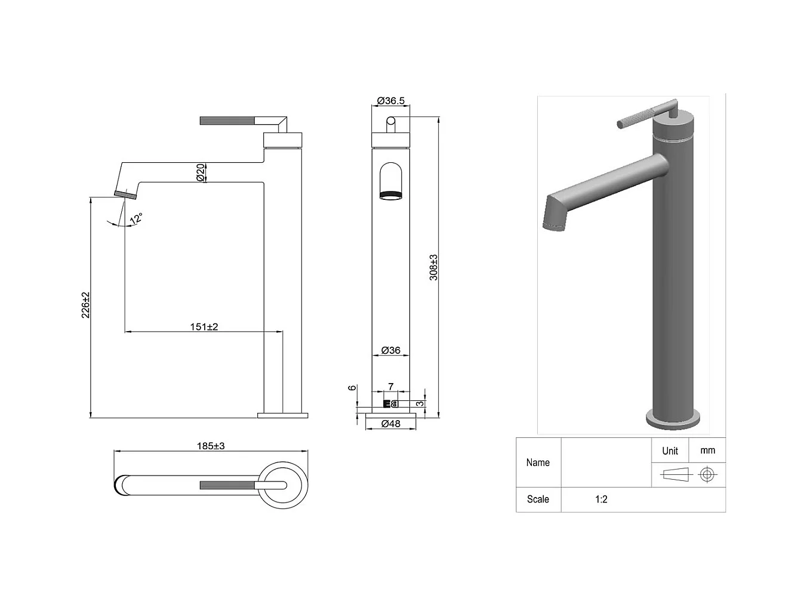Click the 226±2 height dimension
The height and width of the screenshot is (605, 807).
pyautogui.click(x=85, y=305)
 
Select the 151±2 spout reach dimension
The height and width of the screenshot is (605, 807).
pyautogui.click(x=204, y=326)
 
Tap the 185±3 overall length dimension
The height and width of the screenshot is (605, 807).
pyautogui.click(x=211, y=446)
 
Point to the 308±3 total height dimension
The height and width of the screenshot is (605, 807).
pyautogui.click(x=434, y=267)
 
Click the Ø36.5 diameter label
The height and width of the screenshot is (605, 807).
pyautogui.click(x=391, y=101)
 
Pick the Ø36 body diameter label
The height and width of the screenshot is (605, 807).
pyautogui.click(x=391, y=350)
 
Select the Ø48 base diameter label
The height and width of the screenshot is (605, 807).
pyautogui.click(x=391, y=424)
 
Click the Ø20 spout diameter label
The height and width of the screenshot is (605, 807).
pyautogui.click(x=201, y=172)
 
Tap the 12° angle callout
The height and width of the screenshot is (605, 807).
pyautogui.click(x=136, y=218)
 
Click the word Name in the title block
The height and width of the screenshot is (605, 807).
pyautogui.click(x=538, y=462)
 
